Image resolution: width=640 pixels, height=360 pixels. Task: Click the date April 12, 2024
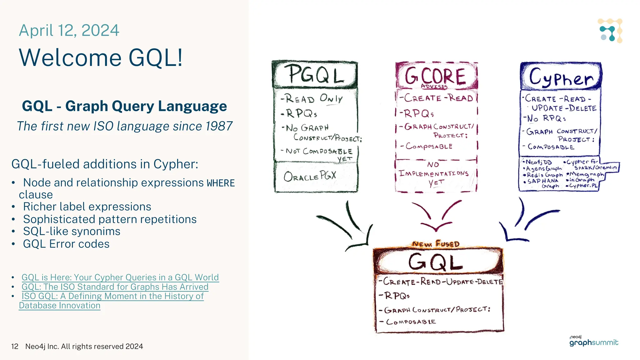[x=69, y=31]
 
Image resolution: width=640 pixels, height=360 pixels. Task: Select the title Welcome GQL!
[x=101, y=58]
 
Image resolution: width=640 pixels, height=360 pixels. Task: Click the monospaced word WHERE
[x=221, y=183]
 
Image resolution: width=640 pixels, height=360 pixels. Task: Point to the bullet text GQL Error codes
[x=66, y=244]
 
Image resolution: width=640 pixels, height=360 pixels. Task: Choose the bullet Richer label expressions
[x=87, y=207]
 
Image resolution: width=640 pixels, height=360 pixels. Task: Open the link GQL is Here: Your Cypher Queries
[x=120, y=277]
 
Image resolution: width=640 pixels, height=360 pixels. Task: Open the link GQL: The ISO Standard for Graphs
[x=115, y=287]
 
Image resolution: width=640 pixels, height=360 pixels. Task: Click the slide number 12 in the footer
[x=15, y=347]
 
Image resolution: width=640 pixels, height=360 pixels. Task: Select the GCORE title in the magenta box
[x=436, y=76]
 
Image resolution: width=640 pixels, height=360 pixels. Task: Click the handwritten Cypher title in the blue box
[x=561, y=77]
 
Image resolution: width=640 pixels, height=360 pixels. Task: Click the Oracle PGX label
[x=310, y=177]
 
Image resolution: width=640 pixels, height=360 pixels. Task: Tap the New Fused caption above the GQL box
[x=436, y=244]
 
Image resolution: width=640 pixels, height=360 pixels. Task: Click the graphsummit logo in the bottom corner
[x=593, y=342]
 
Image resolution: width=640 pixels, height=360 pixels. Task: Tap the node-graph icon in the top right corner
[x=610, y=31]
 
